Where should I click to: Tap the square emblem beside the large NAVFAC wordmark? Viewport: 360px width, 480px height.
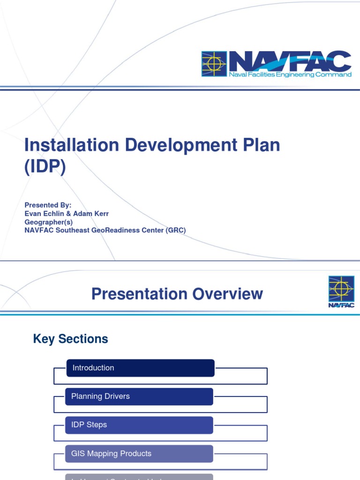click(x=214, y=64)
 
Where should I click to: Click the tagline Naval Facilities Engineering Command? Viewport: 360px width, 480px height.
click(x=290, y=75)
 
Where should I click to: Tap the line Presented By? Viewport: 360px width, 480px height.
click(x=48, y=205)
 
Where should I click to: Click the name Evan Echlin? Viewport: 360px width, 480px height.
click(x=45, y=213)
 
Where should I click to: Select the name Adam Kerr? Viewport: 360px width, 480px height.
click(x=92, y=213)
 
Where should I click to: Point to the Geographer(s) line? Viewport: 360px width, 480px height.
click(x=48, y=222)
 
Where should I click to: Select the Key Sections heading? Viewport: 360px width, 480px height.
click(x=70, y=339)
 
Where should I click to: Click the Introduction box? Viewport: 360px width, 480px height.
click(x=140, y=368)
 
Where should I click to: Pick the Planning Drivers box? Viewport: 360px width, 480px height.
click(x=139, y=397)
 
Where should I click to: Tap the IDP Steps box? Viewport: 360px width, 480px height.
click(x=139, y=425)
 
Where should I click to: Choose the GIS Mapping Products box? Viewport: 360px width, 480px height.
click(x=139, y=454)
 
